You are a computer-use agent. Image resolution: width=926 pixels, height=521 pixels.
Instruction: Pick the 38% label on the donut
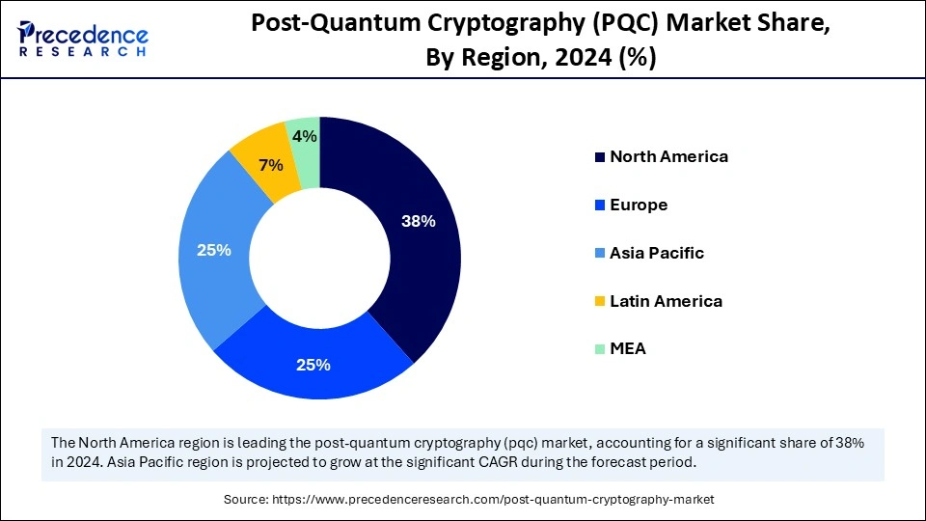click(418, 221)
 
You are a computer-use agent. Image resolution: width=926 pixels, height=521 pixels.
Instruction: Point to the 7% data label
click(271, 165)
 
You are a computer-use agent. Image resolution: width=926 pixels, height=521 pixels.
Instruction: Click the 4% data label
click(305, 137)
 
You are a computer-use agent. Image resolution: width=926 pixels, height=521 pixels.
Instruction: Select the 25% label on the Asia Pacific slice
click(213, 250)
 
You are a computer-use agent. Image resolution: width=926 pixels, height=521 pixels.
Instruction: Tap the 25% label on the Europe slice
click(313, 365)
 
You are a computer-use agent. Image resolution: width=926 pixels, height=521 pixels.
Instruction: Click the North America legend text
click(668, 156)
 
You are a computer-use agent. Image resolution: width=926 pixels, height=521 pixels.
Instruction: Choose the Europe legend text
click(639, 205)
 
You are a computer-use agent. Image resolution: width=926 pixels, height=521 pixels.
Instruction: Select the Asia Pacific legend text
click(657, 253)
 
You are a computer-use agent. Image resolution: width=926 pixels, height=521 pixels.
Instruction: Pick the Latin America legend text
click(666, 301)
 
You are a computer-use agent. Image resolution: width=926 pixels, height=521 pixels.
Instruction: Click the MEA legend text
click(628, 348)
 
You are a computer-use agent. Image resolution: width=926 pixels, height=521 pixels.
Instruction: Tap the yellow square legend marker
click(600, 302)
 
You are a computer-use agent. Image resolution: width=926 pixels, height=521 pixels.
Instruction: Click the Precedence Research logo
click(83, 39)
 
